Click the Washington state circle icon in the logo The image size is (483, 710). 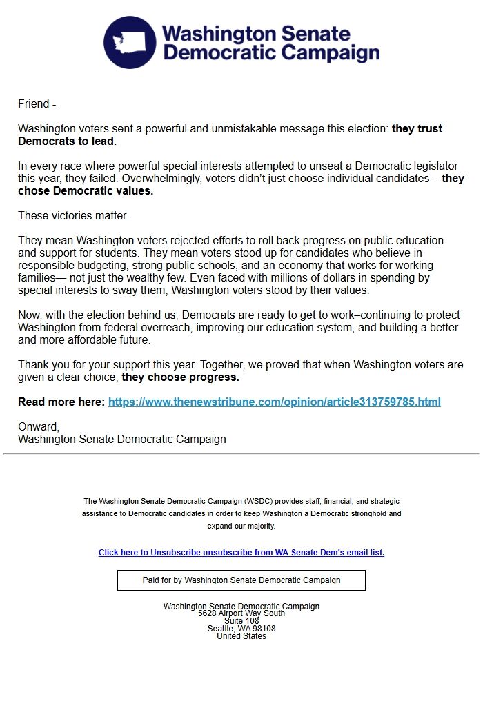[x=130, y=43]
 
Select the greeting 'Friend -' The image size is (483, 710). [x=37, y=104]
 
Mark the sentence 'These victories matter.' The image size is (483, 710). [x=73, y=216]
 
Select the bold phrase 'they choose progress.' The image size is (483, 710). [x=180, y=377]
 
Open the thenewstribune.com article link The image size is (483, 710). [x=274, y=402]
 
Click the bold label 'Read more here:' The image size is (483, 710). [x=61, y=402]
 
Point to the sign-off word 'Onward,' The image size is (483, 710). [x=39, y=427]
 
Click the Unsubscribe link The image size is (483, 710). [x=241, y=553]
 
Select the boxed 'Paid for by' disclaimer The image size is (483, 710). [x=241, y=580]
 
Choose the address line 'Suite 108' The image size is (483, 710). [x=241, y=621]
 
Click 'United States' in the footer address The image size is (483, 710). [x=241, y=636]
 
